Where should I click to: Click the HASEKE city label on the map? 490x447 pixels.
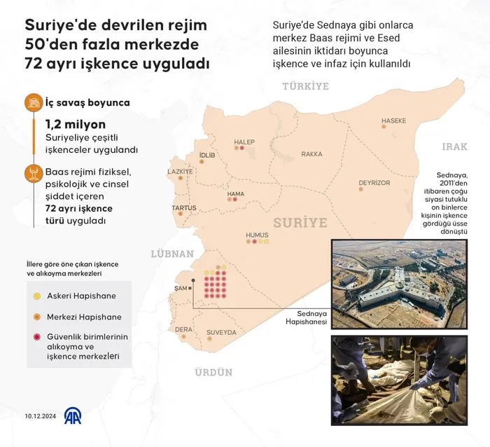[x=393, y=121]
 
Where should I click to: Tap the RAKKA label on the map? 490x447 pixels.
[x=311, y=153]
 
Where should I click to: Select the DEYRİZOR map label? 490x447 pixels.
[x=374, y=183]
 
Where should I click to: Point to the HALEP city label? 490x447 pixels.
[x=245, y=142]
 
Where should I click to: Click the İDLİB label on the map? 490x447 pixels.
[x=206, y=155]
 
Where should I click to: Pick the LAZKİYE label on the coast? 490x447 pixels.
[x=180, y=171]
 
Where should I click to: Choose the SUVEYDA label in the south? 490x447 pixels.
[x=221, y=332]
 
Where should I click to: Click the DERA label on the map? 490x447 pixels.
[x=183, y=329]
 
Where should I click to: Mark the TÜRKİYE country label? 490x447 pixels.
[x=305, y=86]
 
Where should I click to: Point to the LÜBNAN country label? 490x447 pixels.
[x=171, y=254]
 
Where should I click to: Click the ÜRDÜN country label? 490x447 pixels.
[x=213, y=372]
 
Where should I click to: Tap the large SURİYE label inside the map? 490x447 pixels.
[x=300, y=223]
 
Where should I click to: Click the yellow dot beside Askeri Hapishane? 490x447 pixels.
[x=36, y=296]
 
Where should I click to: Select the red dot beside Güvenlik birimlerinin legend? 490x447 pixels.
[x=36, y=337]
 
